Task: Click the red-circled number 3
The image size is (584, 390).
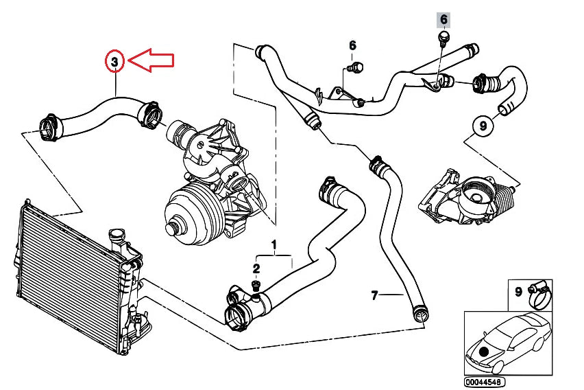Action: (115, 62)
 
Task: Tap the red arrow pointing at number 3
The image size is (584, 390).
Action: (151, 60)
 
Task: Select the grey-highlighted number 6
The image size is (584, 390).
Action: (443, 19)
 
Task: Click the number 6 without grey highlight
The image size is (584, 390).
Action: (352, 46)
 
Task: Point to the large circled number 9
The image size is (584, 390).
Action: (483, 126)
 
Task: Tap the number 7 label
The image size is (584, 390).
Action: (374, 296)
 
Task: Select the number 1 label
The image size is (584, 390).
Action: (274, 244)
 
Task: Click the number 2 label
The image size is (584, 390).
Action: (256, 268)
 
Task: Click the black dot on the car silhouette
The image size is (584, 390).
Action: (485, 350)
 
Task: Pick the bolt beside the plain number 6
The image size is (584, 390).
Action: (356, 67)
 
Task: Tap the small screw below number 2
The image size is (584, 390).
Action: (256, 286)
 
